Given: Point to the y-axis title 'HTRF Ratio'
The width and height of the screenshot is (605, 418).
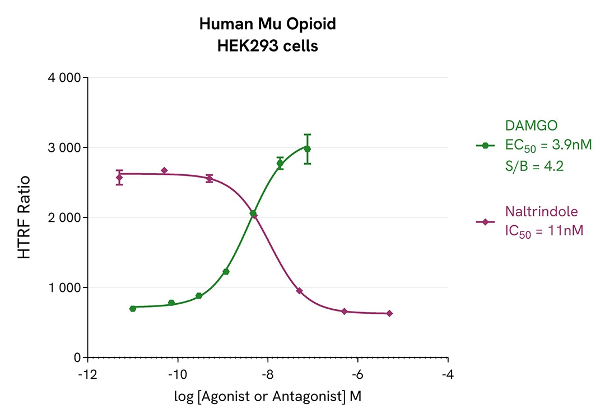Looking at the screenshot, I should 24,217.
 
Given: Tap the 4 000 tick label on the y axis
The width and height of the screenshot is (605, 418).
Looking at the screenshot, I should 62,77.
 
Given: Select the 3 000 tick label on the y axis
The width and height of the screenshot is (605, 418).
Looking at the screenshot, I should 62,147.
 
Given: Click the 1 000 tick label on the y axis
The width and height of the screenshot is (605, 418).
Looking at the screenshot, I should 62,287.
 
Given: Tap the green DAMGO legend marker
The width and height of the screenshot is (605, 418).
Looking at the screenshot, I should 485,146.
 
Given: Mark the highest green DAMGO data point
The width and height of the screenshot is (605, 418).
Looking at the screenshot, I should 307,149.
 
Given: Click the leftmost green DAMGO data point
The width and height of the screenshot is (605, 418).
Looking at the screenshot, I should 133,309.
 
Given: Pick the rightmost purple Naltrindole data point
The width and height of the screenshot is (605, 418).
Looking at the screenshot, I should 389,313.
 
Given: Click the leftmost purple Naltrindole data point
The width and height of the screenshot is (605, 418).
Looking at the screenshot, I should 119,178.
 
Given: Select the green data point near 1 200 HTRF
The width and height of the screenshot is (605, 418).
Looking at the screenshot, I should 226,272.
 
